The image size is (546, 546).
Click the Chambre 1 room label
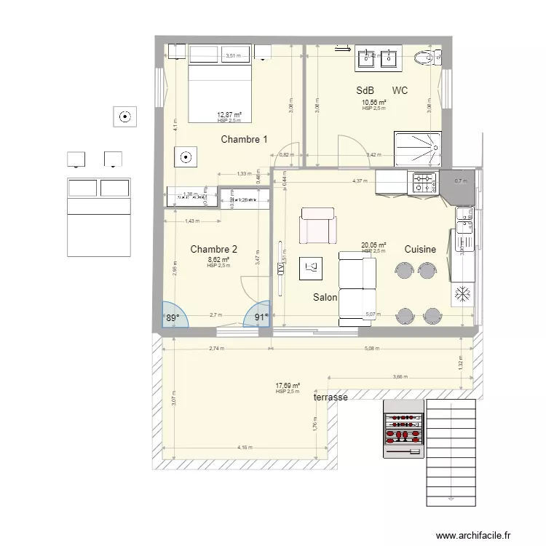click(x=245, y=140)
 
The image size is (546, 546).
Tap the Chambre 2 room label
click(x=213, y=250)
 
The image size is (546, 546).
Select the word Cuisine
click(x=421, y=249)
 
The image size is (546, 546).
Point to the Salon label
click(x=325, y=298)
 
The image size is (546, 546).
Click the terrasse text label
click(x=330, y=398)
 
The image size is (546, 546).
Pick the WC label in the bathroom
click(x=400, y=91)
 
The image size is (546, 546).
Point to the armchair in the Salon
click(x=318, y=226)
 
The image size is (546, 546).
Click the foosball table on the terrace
click(x=403, y=430)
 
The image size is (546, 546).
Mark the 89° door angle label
click(x=172, y=317)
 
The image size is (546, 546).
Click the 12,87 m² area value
click(x=229, y=114)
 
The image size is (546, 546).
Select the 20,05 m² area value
click(x=373, y=245)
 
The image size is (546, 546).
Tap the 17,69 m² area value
click(x=288, y=386)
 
